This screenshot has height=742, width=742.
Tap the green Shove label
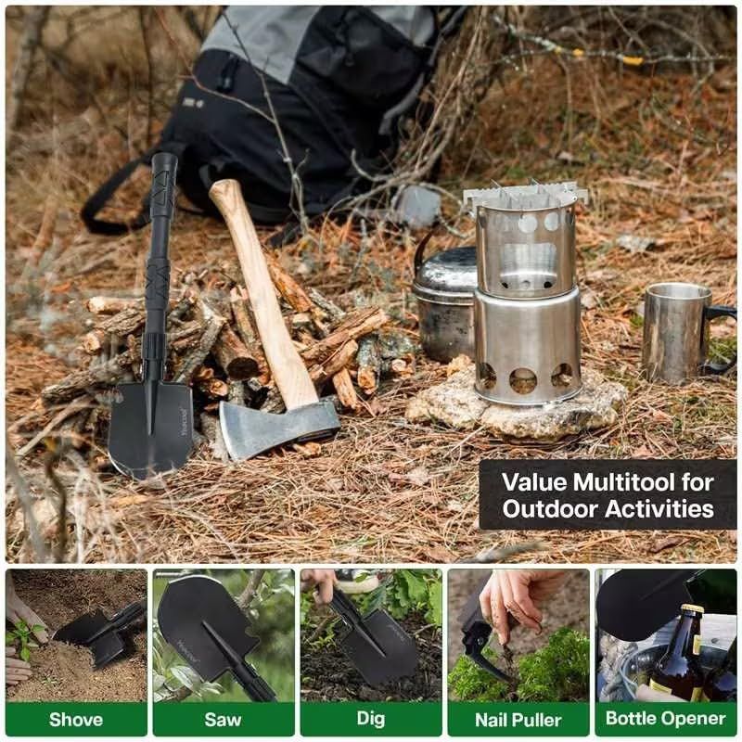pos(76,719)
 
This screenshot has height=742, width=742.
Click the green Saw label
pos(223,719)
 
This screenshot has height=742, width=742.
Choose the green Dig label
pos(370,719)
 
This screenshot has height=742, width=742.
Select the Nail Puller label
pos(518,719)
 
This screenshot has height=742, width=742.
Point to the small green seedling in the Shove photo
pos(25,634)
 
